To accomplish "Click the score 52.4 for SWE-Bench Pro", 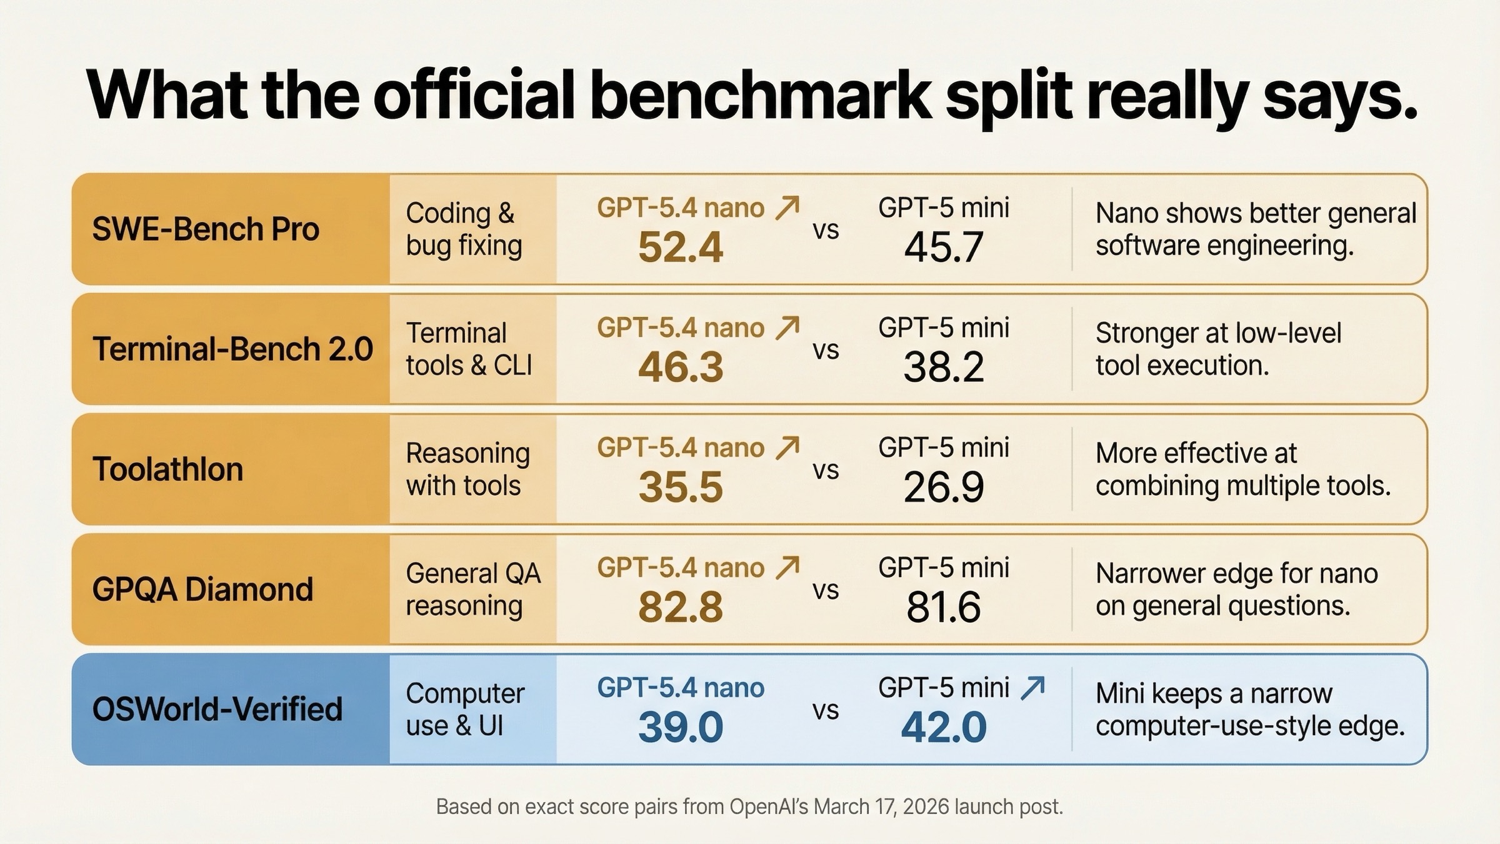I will [x=680, y=248].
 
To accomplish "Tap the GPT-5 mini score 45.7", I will [x=944, y=248].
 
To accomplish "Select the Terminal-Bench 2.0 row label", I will [x=232, y=349].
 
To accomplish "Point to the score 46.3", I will [x=680, y=368].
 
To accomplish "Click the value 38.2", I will [x=944, y=368].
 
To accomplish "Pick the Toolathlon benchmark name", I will [x=167, y=469].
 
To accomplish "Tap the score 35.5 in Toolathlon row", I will [x=680, y=488].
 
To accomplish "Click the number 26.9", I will [x=944, y=488].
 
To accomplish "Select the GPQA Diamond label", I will [x=202, y=590].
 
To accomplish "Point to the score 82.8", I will [x=680, y=608].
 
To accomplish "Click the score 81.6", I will [x=944, y=608].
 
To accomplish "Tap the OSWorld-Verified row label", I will [x=217, y=710].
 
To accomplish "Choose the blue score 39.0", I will [x=680, y=728].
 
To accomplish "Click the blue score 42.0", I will [x=944, y=728].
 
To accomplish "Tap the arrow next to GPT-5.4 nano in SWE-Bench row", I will [x=787, y=208].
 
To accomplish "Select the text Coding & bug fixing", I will [x=464, y=229].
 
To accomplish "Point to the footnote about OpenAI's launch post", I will [x=749, y=806].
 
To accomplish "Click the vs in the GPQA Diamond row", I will [x=826, y=590].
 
